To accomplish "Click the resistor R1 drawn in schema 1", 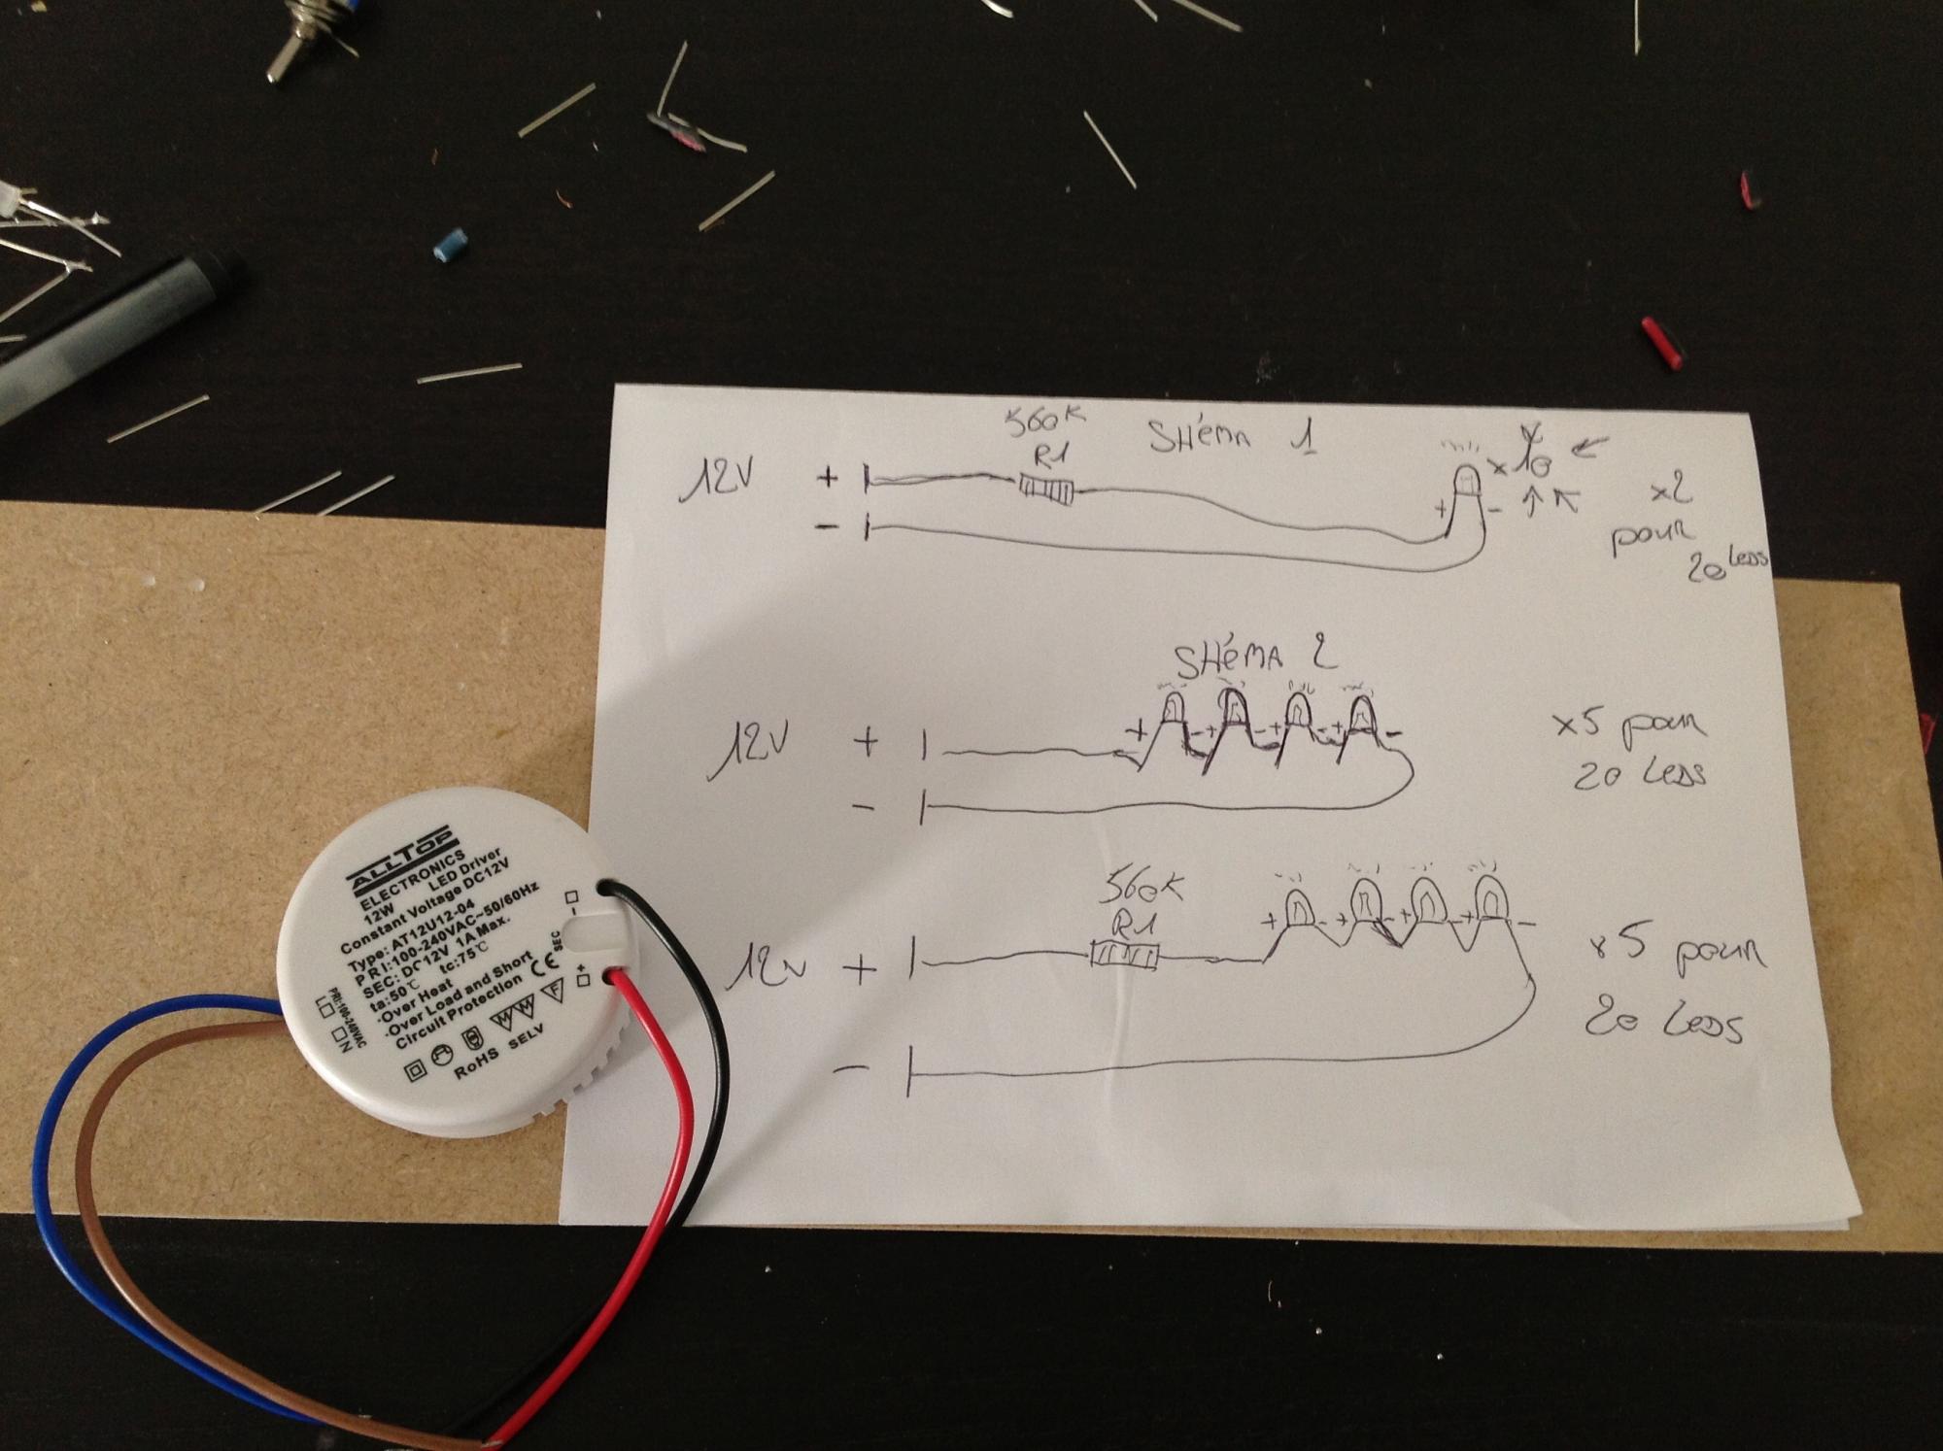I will (1046, 489).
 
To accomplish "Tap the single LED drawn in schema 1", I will (1466, 483).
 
